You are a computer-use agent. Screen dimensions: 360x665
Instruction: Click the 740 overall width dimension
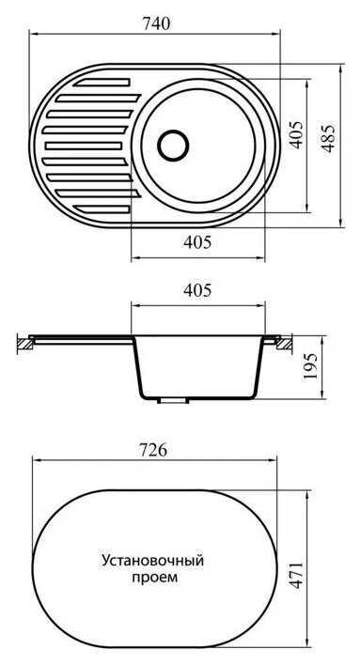(155, 23)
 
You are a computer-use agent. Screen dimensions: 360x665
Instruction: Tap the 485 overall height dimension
(328, 138)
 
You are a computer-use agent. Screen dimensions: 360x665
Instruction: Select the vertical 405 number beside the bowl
(297, 135)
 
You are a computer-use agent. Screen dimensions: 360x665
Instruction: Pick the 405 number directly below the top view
(197, 242)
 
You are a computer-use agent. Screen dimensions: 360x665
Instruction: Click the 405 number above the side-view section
(197, 291)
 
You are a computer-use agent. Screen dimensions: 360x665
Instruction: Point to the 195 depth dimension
(312, 366)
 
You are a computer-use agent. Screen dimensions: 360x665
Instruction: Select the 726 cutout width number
(153, 451)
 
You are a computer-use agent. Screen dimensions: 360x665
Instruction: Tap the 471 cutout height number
(296, 576)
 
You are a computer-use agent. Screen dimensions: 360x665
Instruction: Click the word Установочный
(153, 561)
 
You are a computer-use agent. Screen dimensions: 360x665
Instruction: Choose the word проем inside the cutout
(154, 578)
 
